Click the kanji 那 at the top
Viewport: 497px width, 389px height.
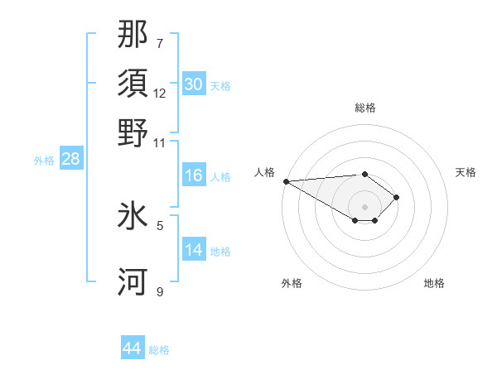coord(133,36)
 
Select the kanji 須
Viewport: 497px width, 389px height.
coord(133,84)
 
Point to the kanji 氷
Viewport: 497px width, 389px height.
coord(133,218)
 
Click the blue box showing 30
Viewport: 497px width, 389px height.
coord(194,84)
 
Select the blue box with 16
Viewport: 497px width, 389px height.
coord(194,175)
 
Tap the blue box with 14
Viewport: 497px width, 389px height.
coord(194,250)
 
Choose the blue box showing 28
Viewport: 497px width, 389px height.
coord(70,159)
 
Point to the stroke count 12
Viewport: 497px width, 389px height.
coord(160,94)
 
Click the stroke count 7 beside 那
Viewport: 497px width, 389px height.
coord(160,43)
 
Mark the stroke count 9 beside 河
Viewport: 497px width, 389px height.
coord(160,291)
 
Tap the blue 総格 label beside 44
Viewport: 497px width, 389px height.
coord(159,350)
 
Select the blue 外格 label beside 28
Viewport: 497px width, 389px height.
coord(44,161)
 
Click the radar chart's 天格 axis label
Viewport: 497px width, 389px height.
coord(466,172)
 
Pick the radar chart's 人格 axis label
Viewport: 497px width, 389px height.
coord(264,172)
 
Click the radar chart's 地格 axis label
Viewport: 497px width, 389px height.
coord(434,283)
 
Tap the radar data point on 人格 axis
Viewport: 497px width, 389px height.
coord(286,181)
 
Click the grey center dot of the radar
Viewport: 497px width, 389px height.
coord(364,207)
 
